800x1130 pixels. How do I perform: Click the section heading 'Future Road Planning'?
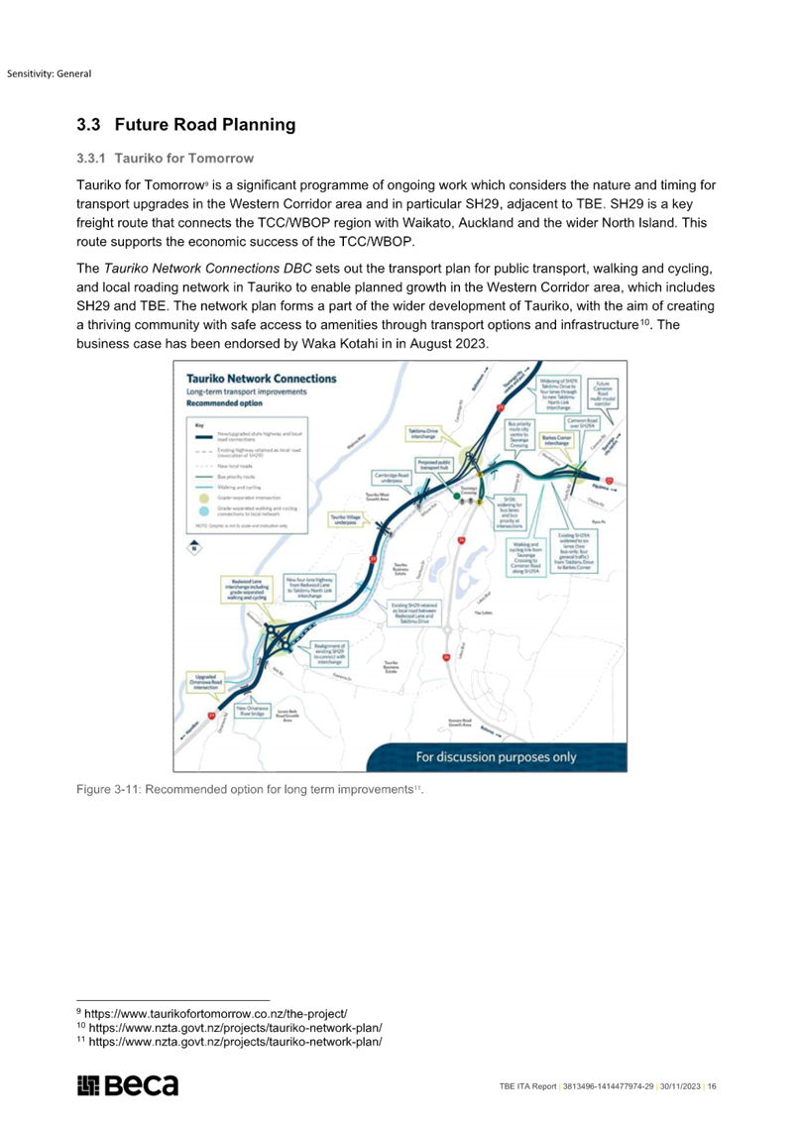pos(205,125)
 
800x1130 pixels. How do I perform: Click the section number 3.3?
pos(87,125)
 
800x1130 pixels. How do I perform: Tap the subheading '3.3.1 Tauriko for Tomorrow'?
pos(166,159)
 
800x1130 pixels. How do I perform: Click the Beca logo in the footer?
pos(128,1085)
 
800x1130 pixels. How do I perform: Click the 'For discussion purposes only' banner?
pos(495,757)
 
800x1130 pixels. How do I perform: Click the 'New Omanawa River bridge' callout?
pos(257,712)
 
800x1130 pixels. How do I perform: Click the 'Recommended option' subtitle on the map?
pos(225,404)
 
